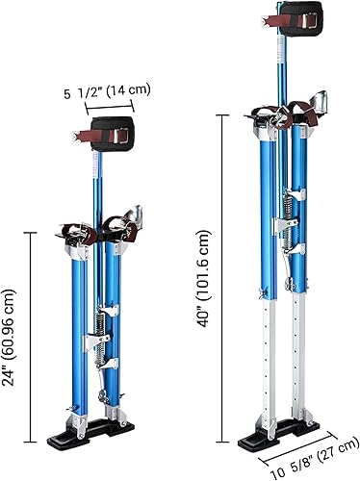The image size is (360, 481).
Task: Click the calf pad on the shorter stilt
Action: [x=120, y=135]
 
